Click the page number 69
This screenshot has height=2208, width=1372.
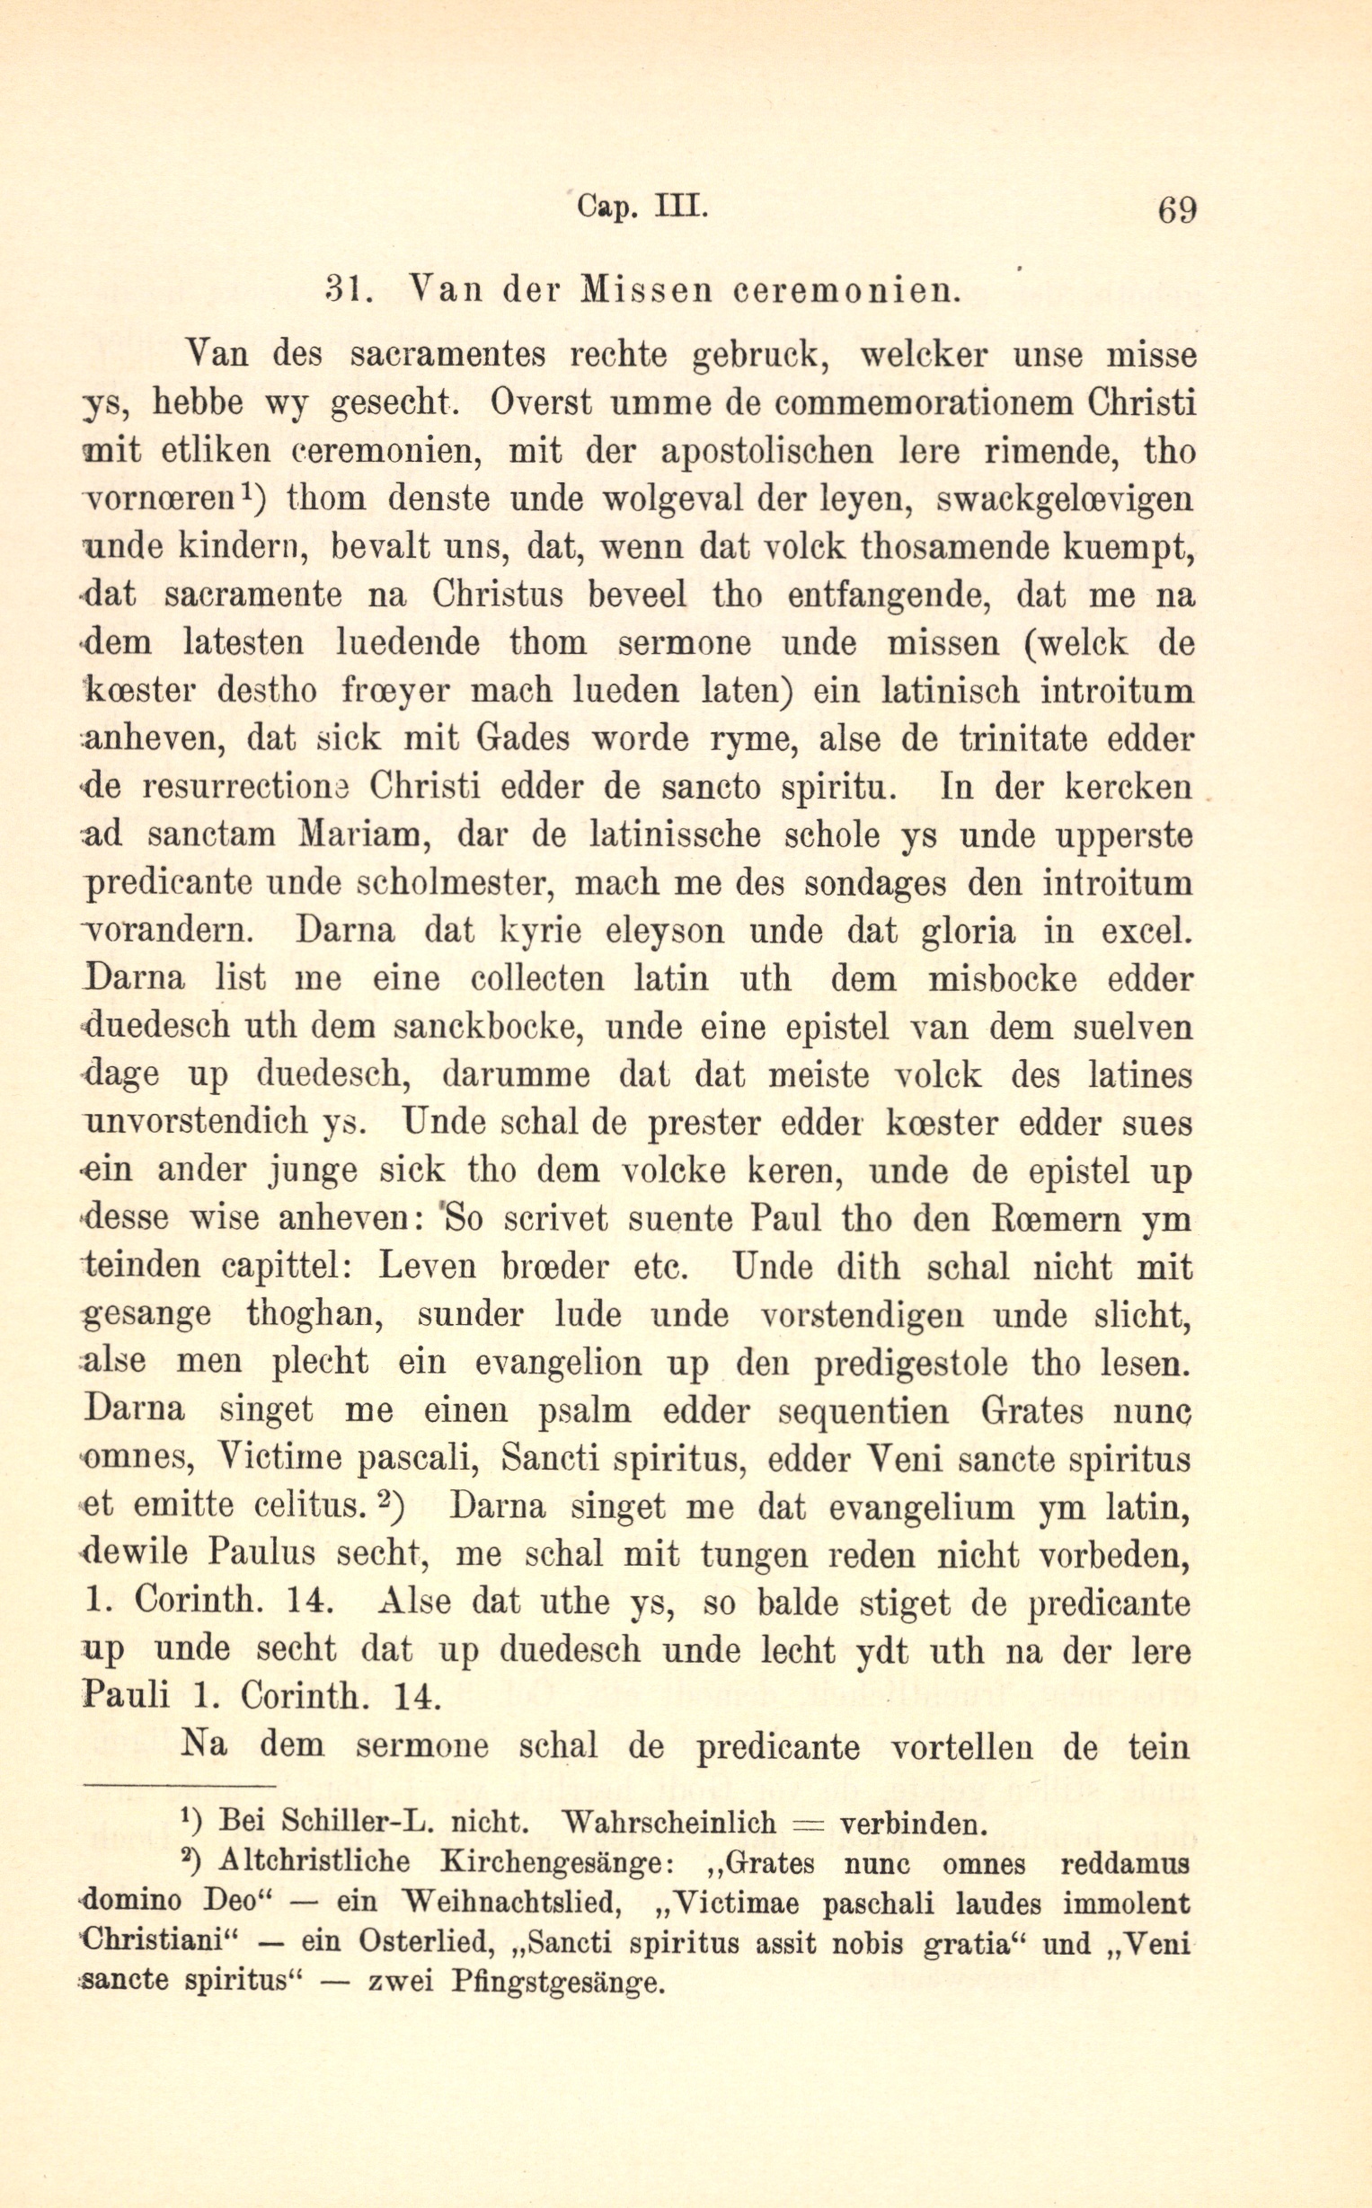pyautogui.click(x=1177, y=210)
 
